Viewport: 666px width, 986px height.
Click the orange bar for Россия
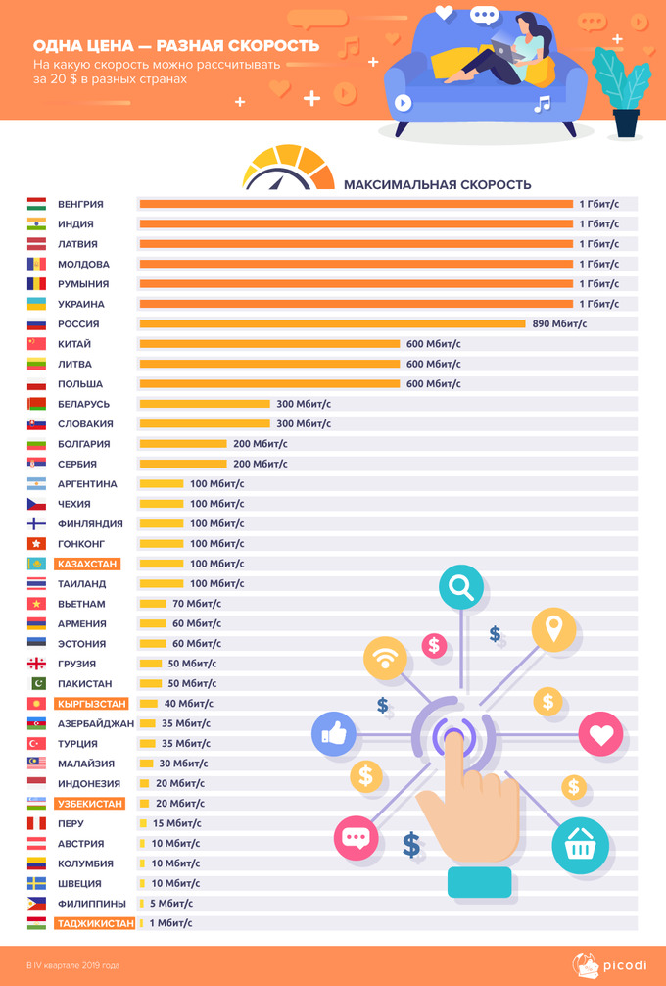[x=332, y=324]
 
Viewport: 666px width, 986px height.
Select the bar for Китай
[x=269, y=344]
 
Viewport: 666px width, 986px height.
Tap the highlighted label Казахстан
[x=88, y=564]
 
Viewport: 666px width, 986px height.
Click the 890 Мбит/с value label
[x=559, y=324]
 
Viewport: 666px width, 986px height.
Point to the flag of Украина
[x=36, y=304]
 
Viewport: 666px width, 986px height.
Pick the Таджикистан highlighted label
[x=95, y=923]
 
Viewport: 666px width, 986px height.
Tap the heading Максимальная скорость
[x=437, y=184]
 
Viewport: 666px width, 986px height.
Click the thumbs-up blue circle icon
[x=333, y=732]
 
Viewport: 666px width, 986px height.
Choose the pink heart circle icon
[x=600, y=734]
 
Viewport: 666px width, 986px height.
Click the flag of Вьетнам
[x=36, y=604]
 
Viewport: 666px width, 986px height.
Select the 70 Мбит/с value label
[x=197, y=604]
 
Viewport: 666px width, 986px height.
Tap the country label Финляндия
[x=90, y=524]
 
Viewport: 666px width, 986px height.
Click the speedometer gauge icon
[x=286, y=169]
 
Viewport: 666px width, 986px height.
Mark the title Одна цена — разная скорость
[x=176, y=46]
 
